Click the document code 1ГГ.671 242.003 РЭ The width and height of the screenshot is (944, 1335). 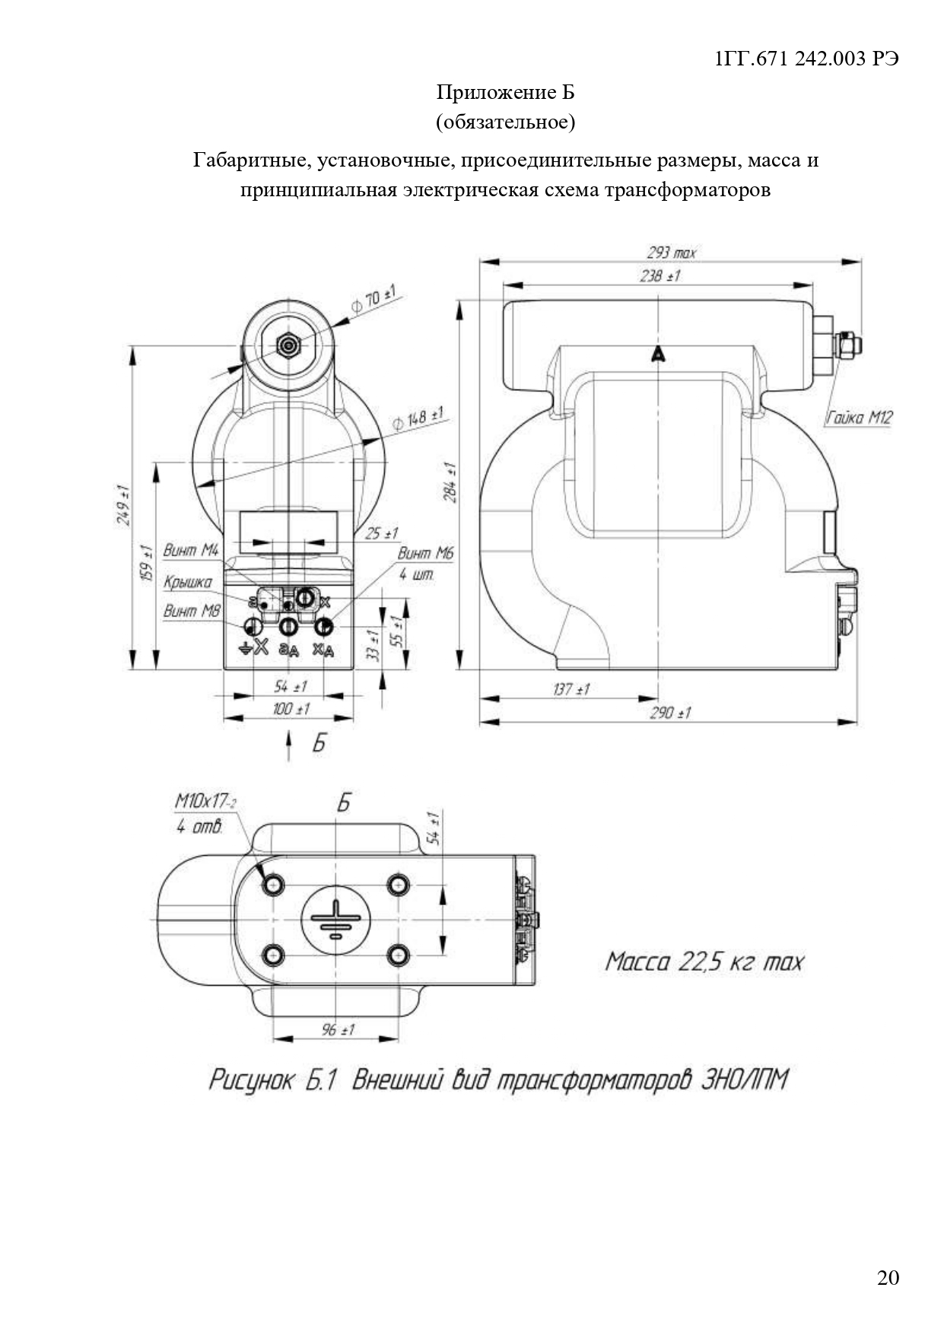click(x=807, y=59)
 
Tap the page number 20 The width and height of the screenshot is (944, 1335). click(x=888, y=1277)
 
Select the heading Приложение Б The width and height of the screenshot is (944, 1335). click(x=505, y=93)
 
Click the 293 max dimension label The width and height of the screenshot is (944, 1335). click(x=671, y=253)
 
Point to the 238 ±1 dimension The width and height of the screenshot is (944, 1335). click(x=660, y=275)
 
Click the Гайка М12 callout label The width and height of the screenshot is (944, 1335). click(x=859, y=417)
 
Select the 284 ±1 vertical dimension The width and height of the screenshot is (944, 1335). click(x=450, y=482)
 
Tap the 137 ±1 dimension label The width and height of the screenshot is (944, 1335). click(x=571, y=689)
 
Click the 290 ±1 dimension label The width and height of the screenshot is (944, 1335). click(x=670, y=713)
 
